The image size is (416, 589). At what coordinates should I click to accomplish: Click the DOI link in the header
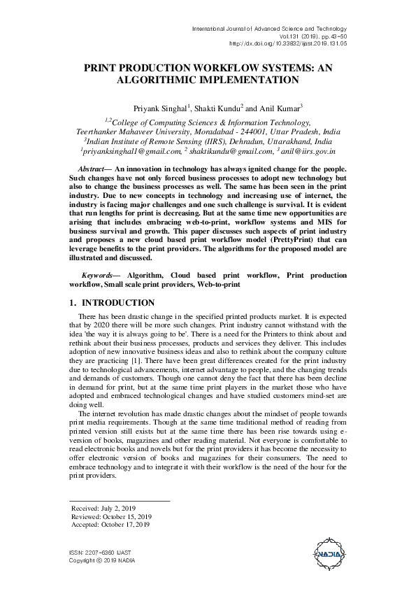[x=287, y=43]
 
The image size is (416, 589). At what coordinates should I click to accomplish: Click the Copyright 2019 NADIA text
[x=103, y=560]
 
